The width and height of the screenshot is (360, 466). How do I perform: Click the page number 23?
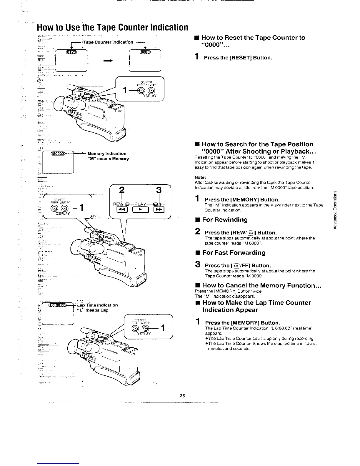point(182,396)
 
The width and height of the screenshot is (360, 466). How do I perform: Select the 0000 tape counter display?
point(145,52)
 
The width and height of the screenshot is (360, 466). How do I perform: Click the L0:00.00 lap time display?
point(59,305)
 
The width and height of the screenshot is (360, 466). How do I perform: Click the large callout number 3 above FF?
point(159,190)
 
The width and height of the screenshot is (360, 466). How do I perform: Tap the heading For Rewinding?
point(225,220)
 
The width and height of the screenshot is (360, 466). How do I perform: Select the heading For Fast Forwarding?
point(234,253)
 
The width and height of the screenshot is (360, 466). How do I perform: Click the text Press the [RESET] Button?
point(238,58)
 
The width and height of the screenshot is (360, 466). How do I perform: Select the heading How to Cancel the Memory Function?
point(261,285)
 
